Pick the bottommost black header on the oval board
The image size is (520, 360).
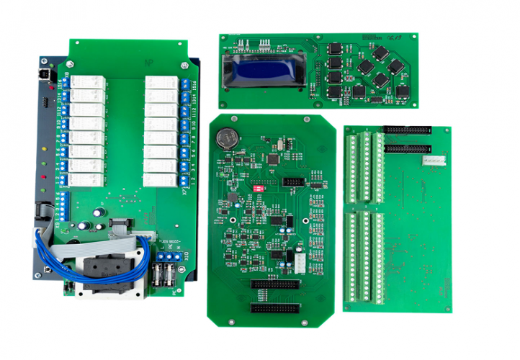pyautogui.click(x=273, y=307)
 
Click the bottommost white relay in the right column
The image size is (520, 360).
pyautogui.click(x=160, y=179)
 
